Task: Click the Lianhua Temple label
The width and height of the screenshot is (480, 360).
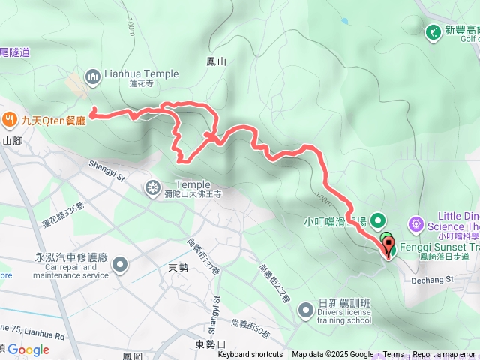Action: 142,74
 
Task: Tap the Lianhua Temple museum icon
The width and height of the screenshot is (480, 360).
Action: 93,75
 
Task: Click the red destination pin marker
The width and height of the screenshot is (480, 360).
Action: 388,247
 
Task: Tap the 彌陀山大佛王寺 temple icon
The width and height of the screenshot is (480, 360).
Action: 154,186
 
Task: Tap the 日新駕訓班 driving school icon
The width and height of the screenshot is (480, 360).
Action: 305,309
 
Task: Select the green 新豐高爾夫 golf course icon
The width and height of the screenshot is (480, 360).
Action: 433,31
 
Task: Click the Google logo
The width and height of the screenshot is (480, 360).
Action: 28,349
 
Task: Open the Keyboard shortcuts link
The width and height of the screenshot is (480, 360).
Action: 250,355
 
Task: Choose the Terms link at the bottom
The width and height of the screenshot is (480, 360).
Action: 393,355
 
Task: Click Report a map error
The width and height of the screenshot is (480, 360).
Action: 444,355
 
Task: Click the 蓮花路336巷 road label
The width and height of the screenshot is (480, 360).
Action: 64,218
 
